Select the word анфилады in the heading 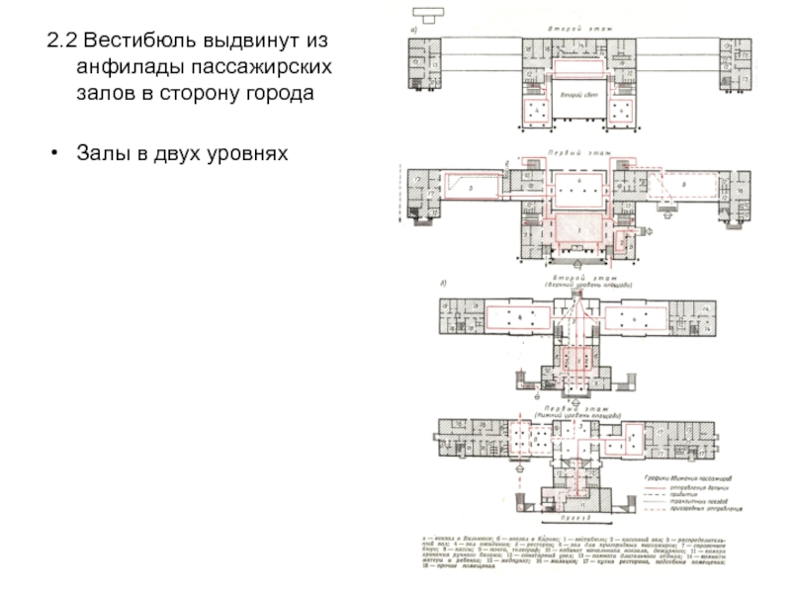tap(129, 69)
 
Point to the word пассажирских tap(265, 69)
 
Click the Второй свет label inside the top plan tap(576, 96)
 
